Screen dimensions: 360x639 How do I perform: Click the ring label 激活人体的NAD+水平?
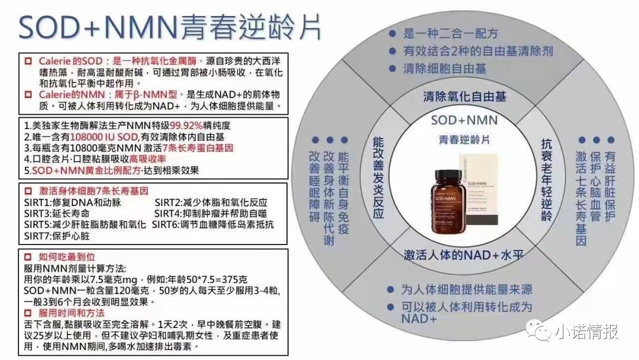464,256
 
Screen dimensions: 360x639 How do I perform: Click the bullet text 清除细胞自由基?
444,69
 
